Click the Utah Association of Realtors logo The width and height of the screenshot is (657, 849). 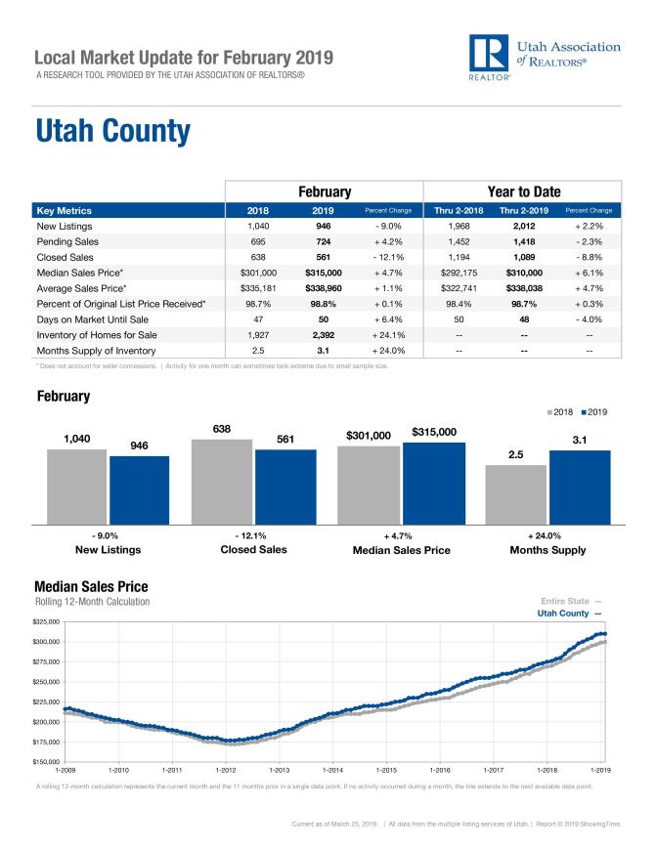(x=544, y=59)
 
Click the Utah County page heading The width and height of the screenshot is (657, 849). (x=112, y=131)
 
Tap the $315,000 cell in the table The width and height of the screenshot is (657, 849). (x=323, y=274)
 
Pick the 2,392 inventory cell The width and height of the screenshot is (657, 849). (x=323, y=333)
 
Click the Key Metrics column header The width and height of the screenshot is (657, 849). (x=64, y=210)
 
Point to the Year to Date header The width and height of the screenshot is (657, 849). (x=522, y=191)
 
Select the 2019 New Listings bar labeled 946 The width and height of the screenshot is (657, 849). (x=139, y=489)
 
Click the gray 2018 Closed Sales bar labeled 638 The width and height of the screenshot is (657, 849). (x=222, y=482)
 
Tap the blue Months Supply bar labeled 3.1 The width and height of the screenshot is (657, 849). (x=580, y=487)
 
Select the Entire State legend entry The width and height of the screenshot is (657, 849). (x=570, y=600)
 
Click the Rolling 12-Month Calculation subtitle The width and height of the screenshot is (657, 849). (x=92, y=602)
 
